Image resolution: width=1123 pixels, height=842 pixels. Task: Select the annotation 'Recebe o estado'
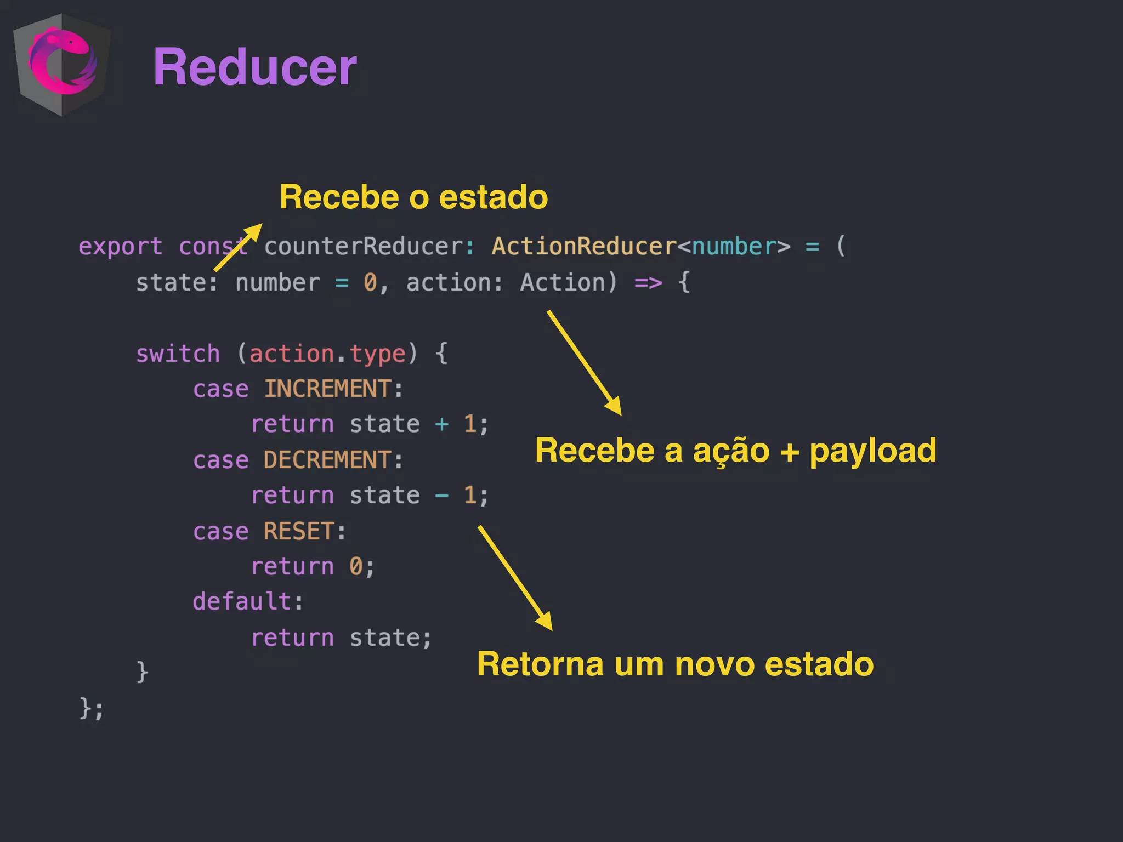[413, 197]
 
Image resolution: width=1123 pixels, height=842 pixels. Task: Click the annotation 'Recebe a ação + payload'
[735, 451]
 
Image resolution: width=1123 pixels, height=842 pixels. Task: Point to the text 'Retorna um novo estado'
[675, 664]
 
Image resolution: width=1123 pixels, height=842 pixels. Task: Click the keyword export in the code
[120, 247]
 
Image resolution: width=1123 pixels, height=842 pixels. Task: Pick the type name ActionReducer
[584, 247]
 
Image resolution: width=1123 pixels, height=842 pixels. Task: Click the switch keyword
[178, 354]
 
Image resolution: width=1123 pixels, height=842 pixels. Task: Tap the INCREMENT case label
[327, 389]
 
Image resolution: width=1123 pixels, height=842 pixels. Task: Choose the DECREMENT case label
[327, 460]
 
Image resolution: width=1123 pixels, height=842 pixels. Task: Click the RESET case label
[299, 531]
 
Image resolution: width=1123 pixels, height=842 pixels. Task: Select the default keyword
[241, 602]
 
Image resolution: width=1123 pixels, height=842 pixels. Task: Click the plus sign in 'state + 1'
[441, 424]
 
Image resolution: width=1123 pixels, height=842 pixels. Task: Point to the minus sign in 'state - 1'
[441, 496]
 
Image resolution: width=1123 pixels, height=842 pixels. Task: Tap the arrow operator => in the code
[648, 283]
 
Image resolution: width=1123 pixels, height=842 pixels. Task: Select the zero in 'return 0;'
[356, 566]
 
